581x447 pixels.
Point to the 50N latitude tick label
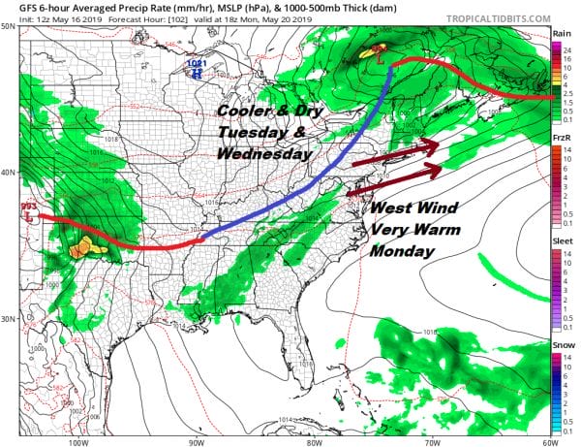coord(8,26)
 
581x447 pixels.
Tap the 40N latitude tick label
coord(8,173)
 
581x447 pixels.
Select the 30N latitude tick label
coord(8,319)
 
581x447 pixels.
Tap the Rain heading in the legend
coord(561,33)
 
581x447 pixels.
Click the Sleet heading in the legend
coord(562,245)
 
